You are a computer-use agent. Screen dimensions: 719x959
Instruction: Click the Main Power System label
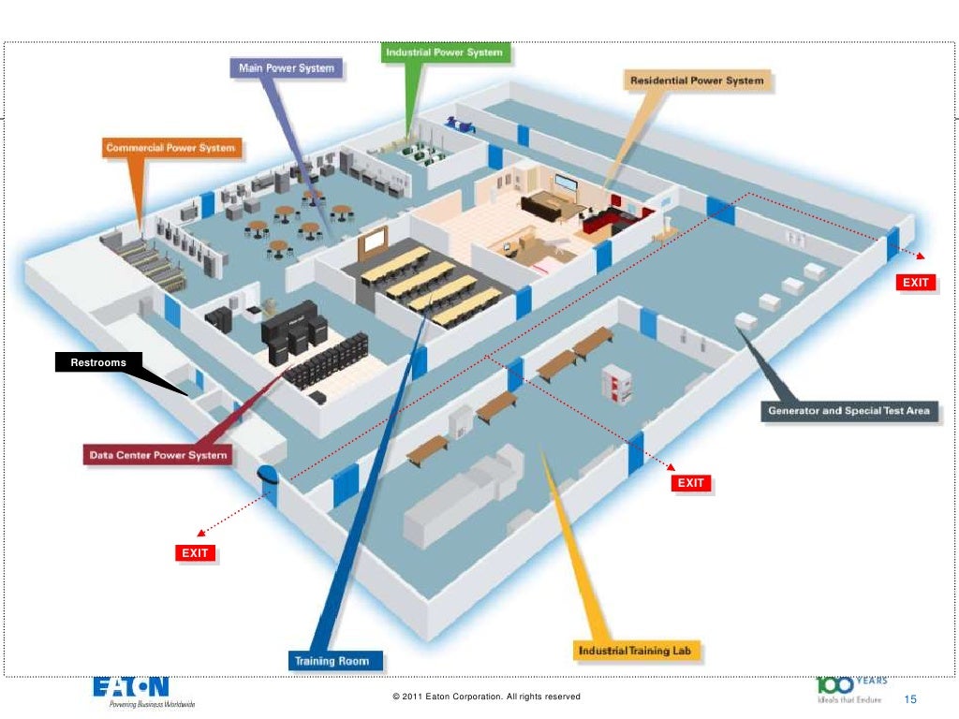[x=286, y=68]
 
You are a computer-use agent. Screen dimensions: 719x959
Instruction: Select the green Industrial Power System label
[x=446, y=52]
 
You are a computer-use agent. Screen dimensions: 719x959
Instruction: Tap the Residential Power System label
[x=696, y=81]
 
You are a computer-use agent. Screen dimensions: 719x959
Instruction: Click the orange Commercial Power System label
[x=170, y=148]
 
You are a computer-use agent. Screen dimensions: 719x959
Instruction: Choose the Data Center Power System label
[x=157, y=456]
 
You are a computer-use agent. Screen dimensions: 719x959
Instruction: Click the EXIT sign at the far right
[x=916, y=283]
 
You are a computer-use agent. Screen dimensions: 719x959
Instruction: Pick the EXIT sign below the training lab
[x=690, y=483]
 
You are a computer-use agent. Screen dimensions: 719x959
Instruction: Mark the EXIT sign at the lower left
[x=195, y=553]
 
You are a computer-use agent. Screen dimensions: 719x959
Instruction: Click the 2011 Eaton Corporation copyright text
[x=486, y=697]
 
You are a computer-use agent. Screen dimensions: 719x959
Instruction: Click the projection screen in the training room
[x=374, y=242]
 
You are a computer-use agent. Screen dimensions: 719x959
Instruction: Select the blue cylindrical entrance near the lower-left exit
[x=268, y=481]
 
